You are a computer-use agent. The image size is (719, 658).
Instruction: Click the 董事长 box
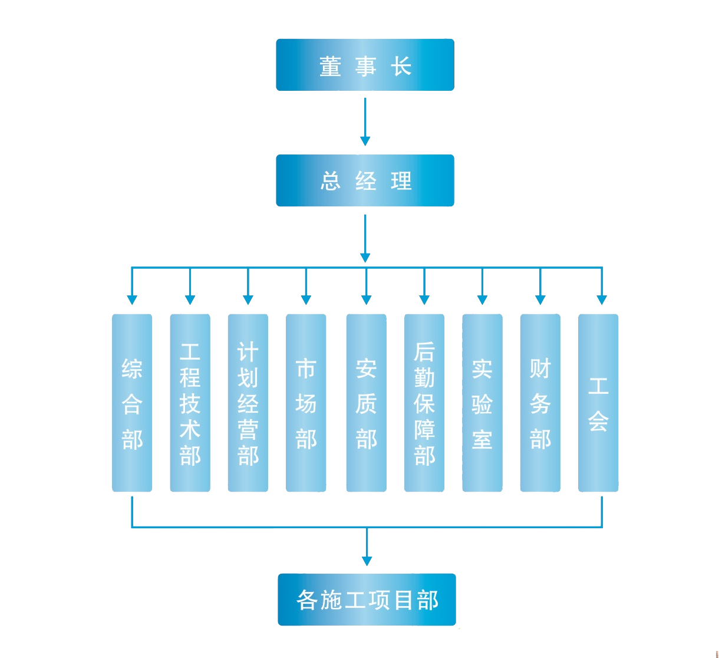365,65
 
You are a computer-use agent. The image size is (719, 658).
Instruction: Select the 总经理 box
365,180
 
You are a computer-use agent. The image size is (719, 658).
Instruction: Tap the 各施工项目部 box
367,600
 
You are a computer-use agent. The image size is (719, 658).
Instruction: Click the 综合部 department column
132,403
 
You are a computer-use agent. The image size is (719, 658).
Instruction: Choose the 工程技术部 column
190,403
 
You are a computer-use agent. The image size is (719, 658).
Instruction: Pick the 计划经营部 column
248,403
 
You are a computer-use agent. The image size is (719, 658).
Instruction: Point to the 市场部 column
306,403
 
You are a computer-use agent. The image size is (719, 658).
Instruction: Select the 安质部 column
366,403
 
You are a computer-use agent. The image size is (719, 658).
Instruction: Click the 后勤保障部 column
424,403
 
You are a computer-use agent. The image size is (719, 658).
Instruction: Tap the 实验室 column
482,403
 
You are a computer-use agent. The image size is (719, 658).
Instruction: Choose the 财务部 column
540,403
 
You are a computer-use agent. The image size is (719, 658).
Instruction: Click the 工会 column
598,403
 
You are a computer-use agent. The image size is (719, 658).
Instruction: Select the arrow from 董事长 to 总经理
365,121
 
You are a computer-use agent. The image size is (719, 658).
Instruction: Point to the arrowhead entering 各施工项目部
367,561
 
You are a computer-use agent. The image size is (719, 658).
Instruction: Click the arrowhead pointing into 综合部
132,300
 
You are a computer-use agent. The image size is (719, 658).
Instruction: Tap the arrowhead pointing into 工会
601,300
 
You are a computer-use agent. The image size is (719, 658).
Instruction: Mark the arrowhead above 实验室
482,300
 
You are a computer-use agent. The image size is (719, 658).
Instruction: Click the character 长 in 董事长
401,66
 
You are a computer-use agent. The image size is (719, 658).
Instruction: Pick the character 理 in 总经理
401,181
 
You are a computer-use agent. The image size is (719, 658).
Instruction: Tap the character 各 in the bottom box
308,600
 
